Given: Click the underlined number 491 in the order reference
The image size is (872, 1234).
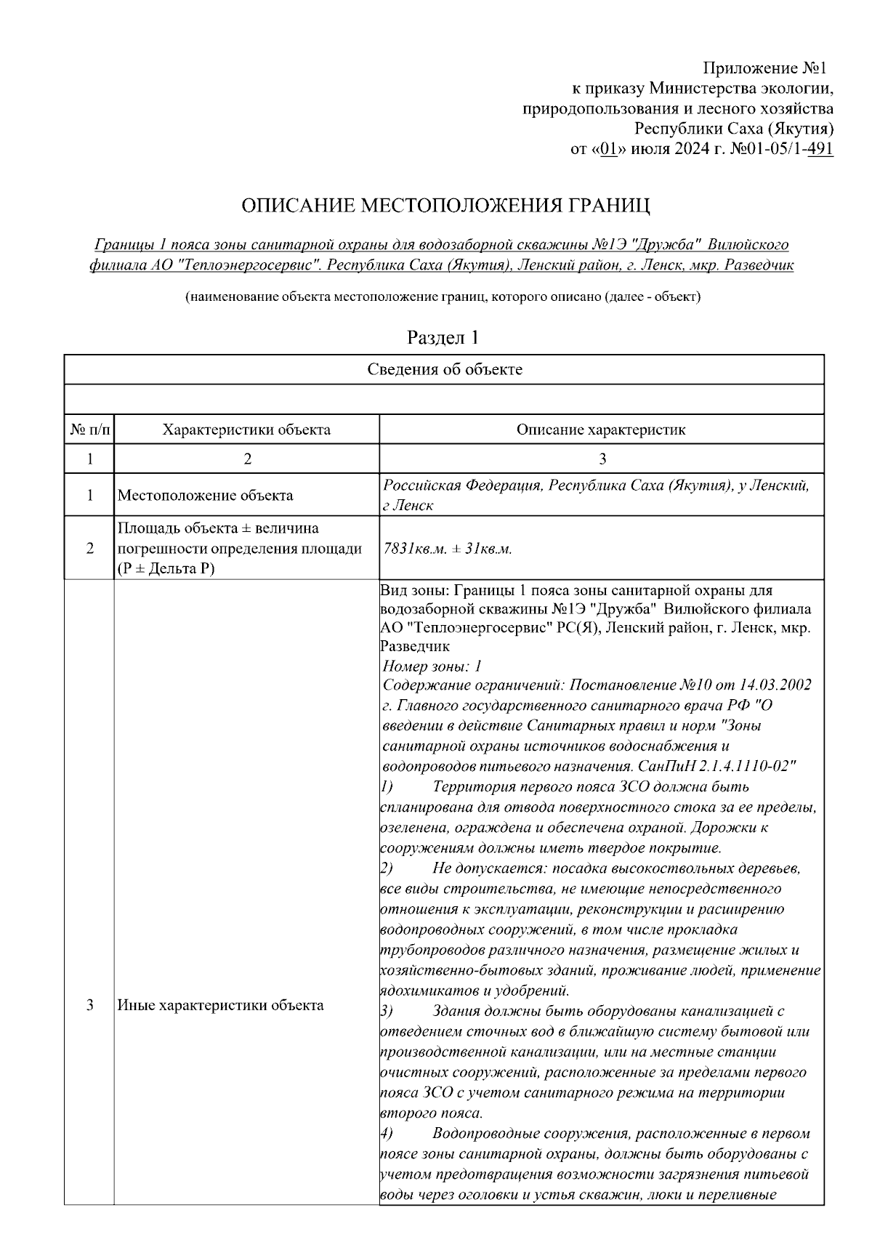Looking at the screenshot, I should click(820, 149).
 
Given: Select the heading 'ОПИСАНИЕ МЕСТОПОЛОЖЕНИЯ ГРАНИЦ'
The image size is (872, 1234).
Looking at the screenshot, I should click(445, 206).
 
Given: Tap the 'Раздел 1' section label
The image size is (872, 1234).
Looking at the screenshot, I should click(443, 337).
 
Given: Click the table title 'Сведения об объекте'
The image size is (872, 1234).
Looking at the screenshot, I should click(444, 369).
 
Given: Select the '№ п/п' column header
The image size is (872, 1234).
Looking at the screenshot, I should click(90, 430).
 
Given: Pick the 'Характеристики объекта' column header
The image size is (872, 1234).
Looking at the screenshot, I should click(246, 430).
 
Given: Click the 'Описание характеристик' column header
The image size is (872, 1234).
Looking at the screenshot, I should click(601, 430).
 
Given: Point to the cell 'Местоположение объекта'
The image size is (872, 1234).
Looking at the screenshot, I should click(206, 496).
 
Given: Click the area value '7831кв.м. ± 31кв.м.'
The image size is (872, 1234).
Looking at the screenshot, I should click(448, 549).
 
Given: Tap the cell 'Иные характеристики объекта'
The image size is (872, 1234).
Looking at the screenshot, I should click(221, 1006).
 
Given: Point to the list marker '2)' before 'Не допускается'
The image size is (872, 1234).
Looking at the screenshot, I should click(387, 868).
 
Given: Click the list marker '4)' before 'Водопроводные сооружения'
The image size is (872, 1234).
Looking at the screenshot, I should click(387, 1133).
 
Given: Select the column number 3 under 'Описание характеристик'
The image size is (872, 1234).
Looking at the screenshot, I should click(602, 459).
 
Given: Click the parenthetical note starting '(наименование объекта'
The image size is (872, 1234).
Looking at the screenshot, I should click(443, 297).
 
